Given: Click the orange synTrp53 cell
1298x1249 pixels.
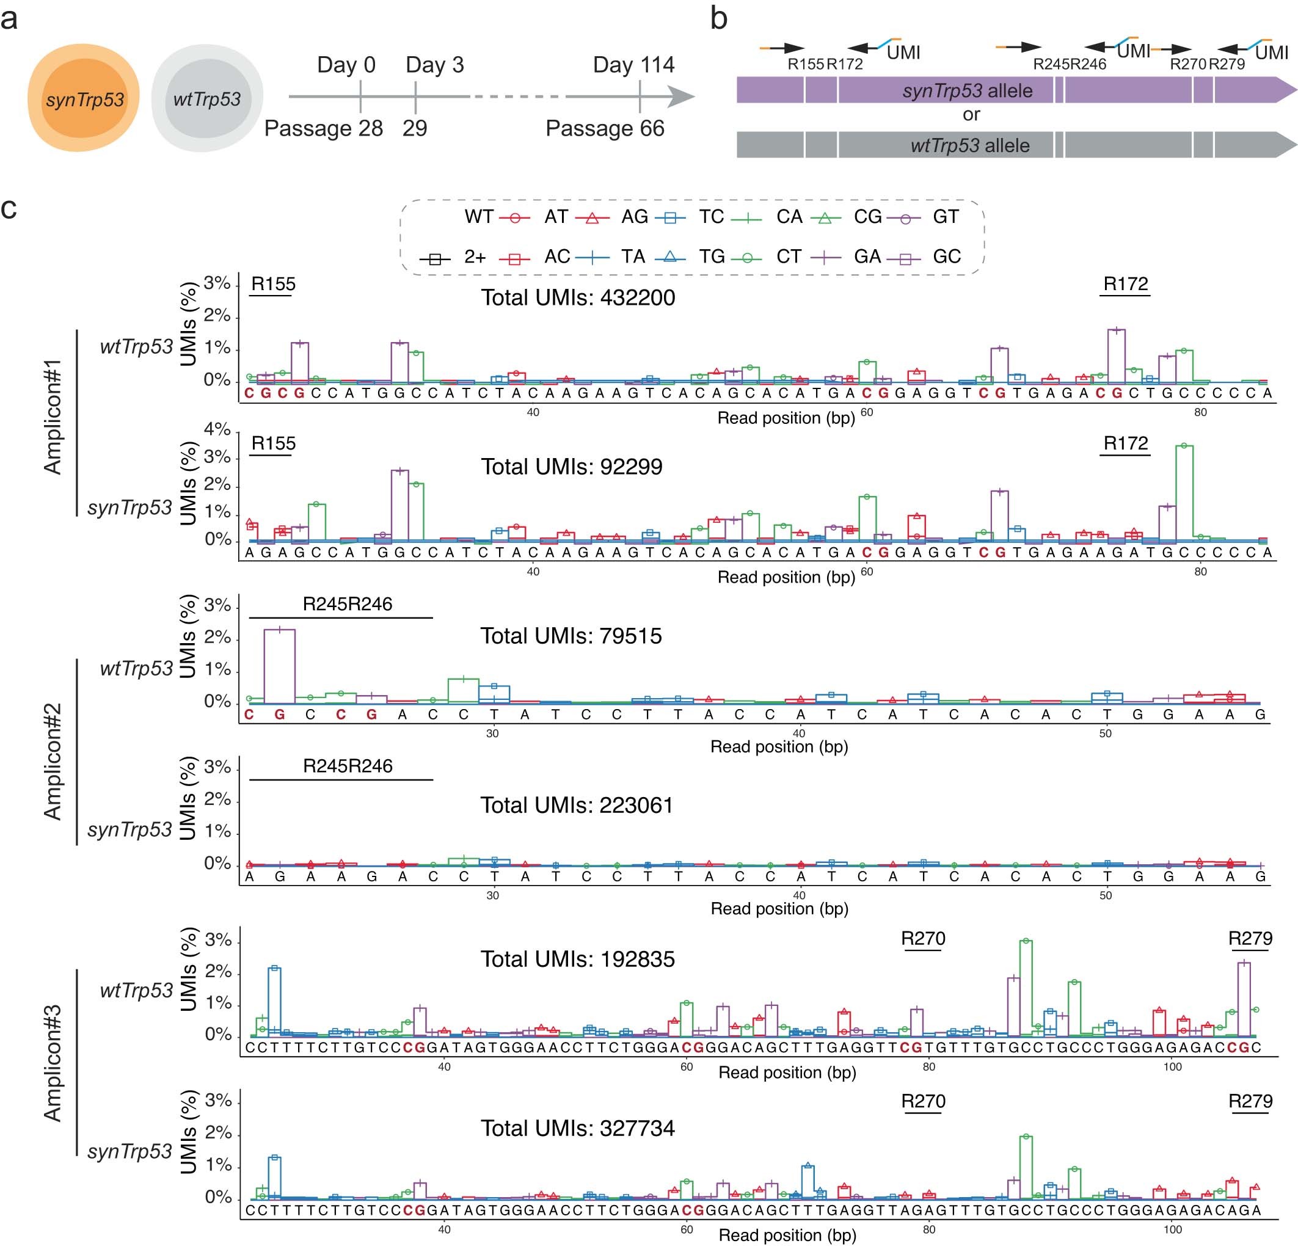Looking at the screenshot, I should point(84,100).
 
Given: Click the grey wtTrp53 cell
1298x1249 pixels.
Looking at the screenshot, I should point(207,100).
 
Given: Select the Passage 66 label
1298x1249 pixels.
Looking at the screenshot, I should point(604,128).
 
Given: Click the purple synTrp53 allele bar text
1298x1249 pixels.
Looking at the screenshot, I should point(967,91).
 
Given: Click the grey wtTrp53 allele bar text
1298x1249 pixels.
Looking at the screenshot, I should point(969,146).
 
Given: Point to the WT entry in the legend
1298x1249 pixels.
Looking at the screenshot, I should point(479,217).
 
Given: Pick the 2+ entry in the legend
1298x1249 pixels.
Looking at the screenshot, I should point(474,257).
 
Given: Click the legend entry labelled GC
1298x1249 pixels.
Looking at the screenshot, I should point(946,257).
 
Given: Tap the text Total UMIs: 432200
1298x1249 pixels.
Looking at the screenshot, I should point(577,298).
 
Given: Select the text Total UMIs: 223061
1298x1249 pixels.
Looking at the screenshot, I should point(576,806).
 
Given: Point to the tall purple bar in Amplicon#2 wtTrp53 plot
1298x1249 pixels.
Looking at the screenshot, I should point(280,666).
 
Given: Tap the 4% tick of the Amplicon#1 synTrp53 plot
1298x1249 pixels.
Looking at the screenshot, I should point(217,429).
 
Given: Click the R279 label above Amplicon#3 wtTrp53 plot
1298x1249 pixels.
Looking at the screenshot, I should point(1250,938).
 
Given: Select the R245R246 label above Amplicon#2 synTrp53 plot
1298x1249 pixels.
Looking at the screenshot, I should point(348,767).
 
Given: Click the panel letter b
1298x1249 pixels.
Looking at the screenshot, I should point(718,18).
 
